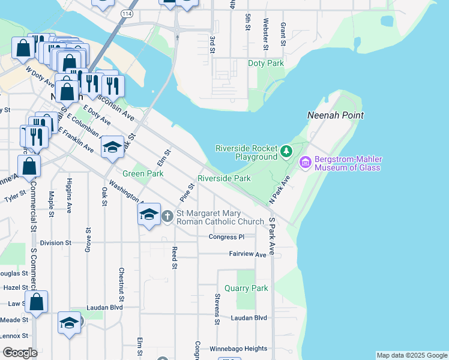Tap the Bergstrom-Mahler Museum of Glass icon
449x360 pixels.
point(305,162)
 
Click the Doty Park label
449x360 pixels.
point(266,63)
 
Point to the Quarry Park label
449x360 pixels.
point(246,288)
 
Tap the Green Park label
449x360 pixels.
point(143,173)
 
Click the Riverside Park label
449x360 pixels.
point(224,178)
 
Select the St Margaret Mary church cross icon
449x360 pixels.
point(167,215)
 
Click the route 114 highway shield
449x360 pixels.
point(126,13)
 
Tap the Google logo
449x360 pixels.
point(19,352)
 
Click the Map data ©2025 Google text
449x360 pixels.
point(411,355)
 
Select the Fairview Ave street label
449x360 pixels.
point(247,254)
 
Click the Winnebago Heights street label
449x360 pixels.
point(238,349)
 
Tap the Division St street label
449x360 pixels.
point(56,243)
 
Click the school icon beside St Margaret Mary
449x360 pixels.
point(149,214)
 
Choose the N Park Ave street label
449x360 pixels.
point(279,189)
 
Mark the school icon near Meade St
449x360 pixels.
point(70,322)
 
